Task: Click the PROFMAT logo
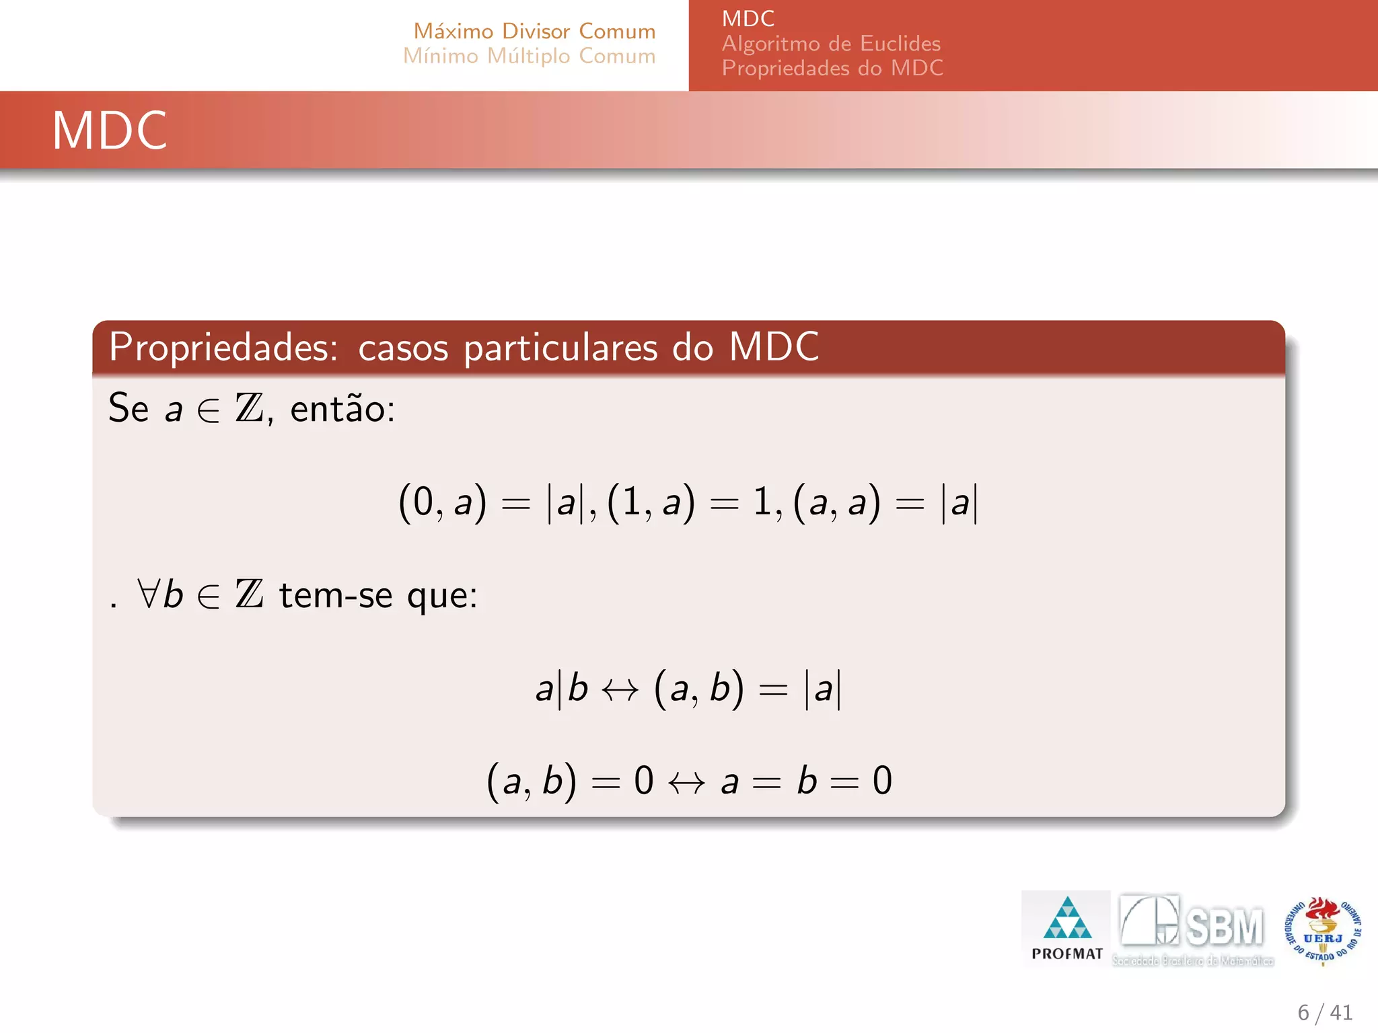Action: coord(1066,928)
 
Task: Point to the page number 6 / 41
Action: coord(1324,1012)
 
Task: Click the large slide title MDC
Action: coord(110,130)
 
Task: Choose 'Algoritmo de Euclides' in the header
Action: coord(831,44)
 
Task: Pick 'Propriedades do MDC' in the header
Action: coord(832,68)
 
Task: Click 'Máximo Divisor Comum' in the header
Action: coord(534,31)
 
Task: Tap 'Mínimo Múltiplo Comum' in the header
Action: coord(529,56)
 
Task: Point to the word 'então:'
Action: coord(342,409)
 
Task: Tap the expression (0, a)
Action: coord(442,502)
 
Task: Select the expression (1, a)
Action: coord(651,502)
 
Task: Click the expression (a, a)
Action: coord(836,502)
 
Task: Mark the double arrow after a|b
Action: coord(620,689)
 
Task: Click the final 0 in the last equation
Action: coord(882,781)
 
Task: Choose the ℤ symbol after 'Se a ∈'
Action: coord(249,408)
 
